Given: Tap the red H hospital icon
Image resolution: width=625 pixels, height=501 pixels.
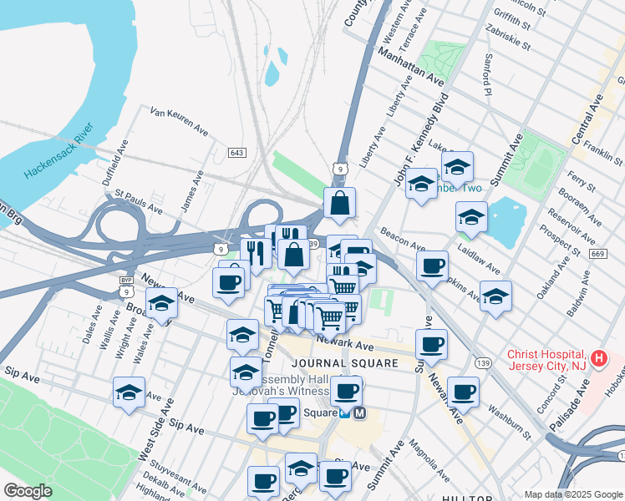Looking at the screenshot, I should click(x=598, y=359).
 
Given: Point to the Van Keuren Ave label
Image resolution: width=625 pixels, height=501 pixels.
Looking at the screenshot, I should click(x=179, y=120).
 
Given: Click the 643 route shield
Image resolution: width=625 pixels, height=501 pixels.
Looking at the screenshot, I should click(x=236, y=152).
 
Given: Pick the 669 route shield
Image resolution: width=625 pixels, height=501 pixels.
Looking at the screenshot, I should click(x=595, y=253).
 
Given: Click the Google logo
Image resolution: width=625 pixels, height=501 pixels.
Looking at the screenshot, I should click(x=28, y=491).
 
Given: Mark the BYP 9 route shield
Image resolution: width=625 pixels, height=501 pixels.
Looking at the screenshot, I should click(x=125, y=286).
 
